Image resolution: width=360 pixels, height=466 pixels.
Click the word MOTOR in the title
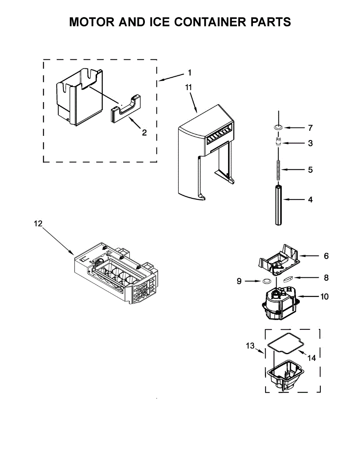[x=92, y=22]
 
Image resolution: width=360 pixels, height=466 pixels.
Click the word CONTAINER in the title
[x=210, y=22]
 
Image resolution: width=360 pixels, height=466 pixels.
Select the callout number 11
[x=189, y=87]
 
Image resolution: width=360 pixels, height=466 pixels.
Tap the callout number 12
[x=38, y=224]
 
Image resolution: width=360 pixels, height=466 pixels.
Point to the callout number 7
[x=310, y=128]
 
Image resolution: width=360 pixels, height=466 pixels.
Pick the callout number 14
[x=311, y=358]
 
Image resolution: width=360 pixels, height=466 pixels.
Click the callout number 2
[x=144, y=132]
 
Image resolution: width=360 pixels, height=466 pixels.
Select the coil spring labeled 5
[x=278, y=170]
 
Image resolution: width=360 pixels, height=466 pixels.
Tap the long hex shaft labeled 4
[x=278, y=205]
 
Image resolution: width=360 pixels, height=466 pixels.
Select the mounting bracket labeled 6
[x=279, y=260]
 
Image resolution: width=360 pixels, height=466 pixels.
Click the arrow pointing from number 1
[x=171, y=77]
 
